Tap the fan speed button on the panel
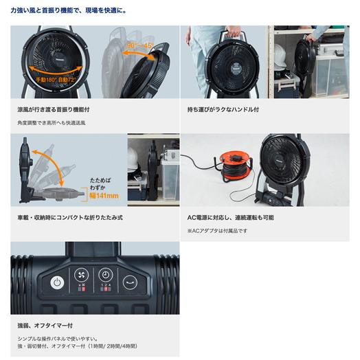click(x=82, y=273)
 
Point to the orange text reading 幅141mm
click(x=104, y=195)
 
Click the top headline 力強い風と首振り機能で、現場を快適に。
click(x=69, y=12)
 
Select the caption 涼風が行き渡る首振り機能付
click(x=54, y=109)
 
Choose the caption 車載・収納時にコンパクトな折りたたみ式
click(x=70, y=217)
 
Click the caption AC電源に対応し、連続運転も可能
click(x=230, y=217)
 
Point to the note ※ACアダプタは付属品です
click(x=217, y=230)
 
